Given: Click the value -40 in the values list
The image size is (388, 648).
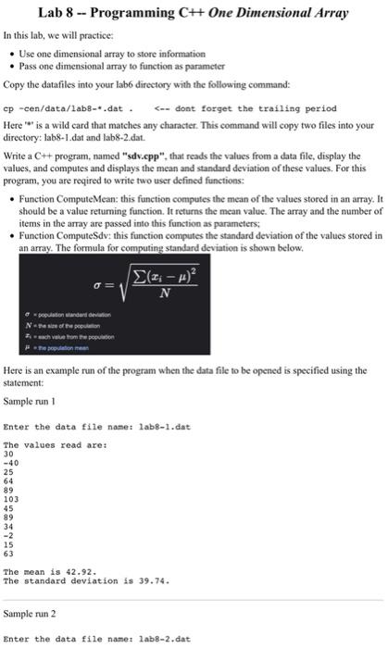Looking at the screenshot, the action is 12,462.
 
